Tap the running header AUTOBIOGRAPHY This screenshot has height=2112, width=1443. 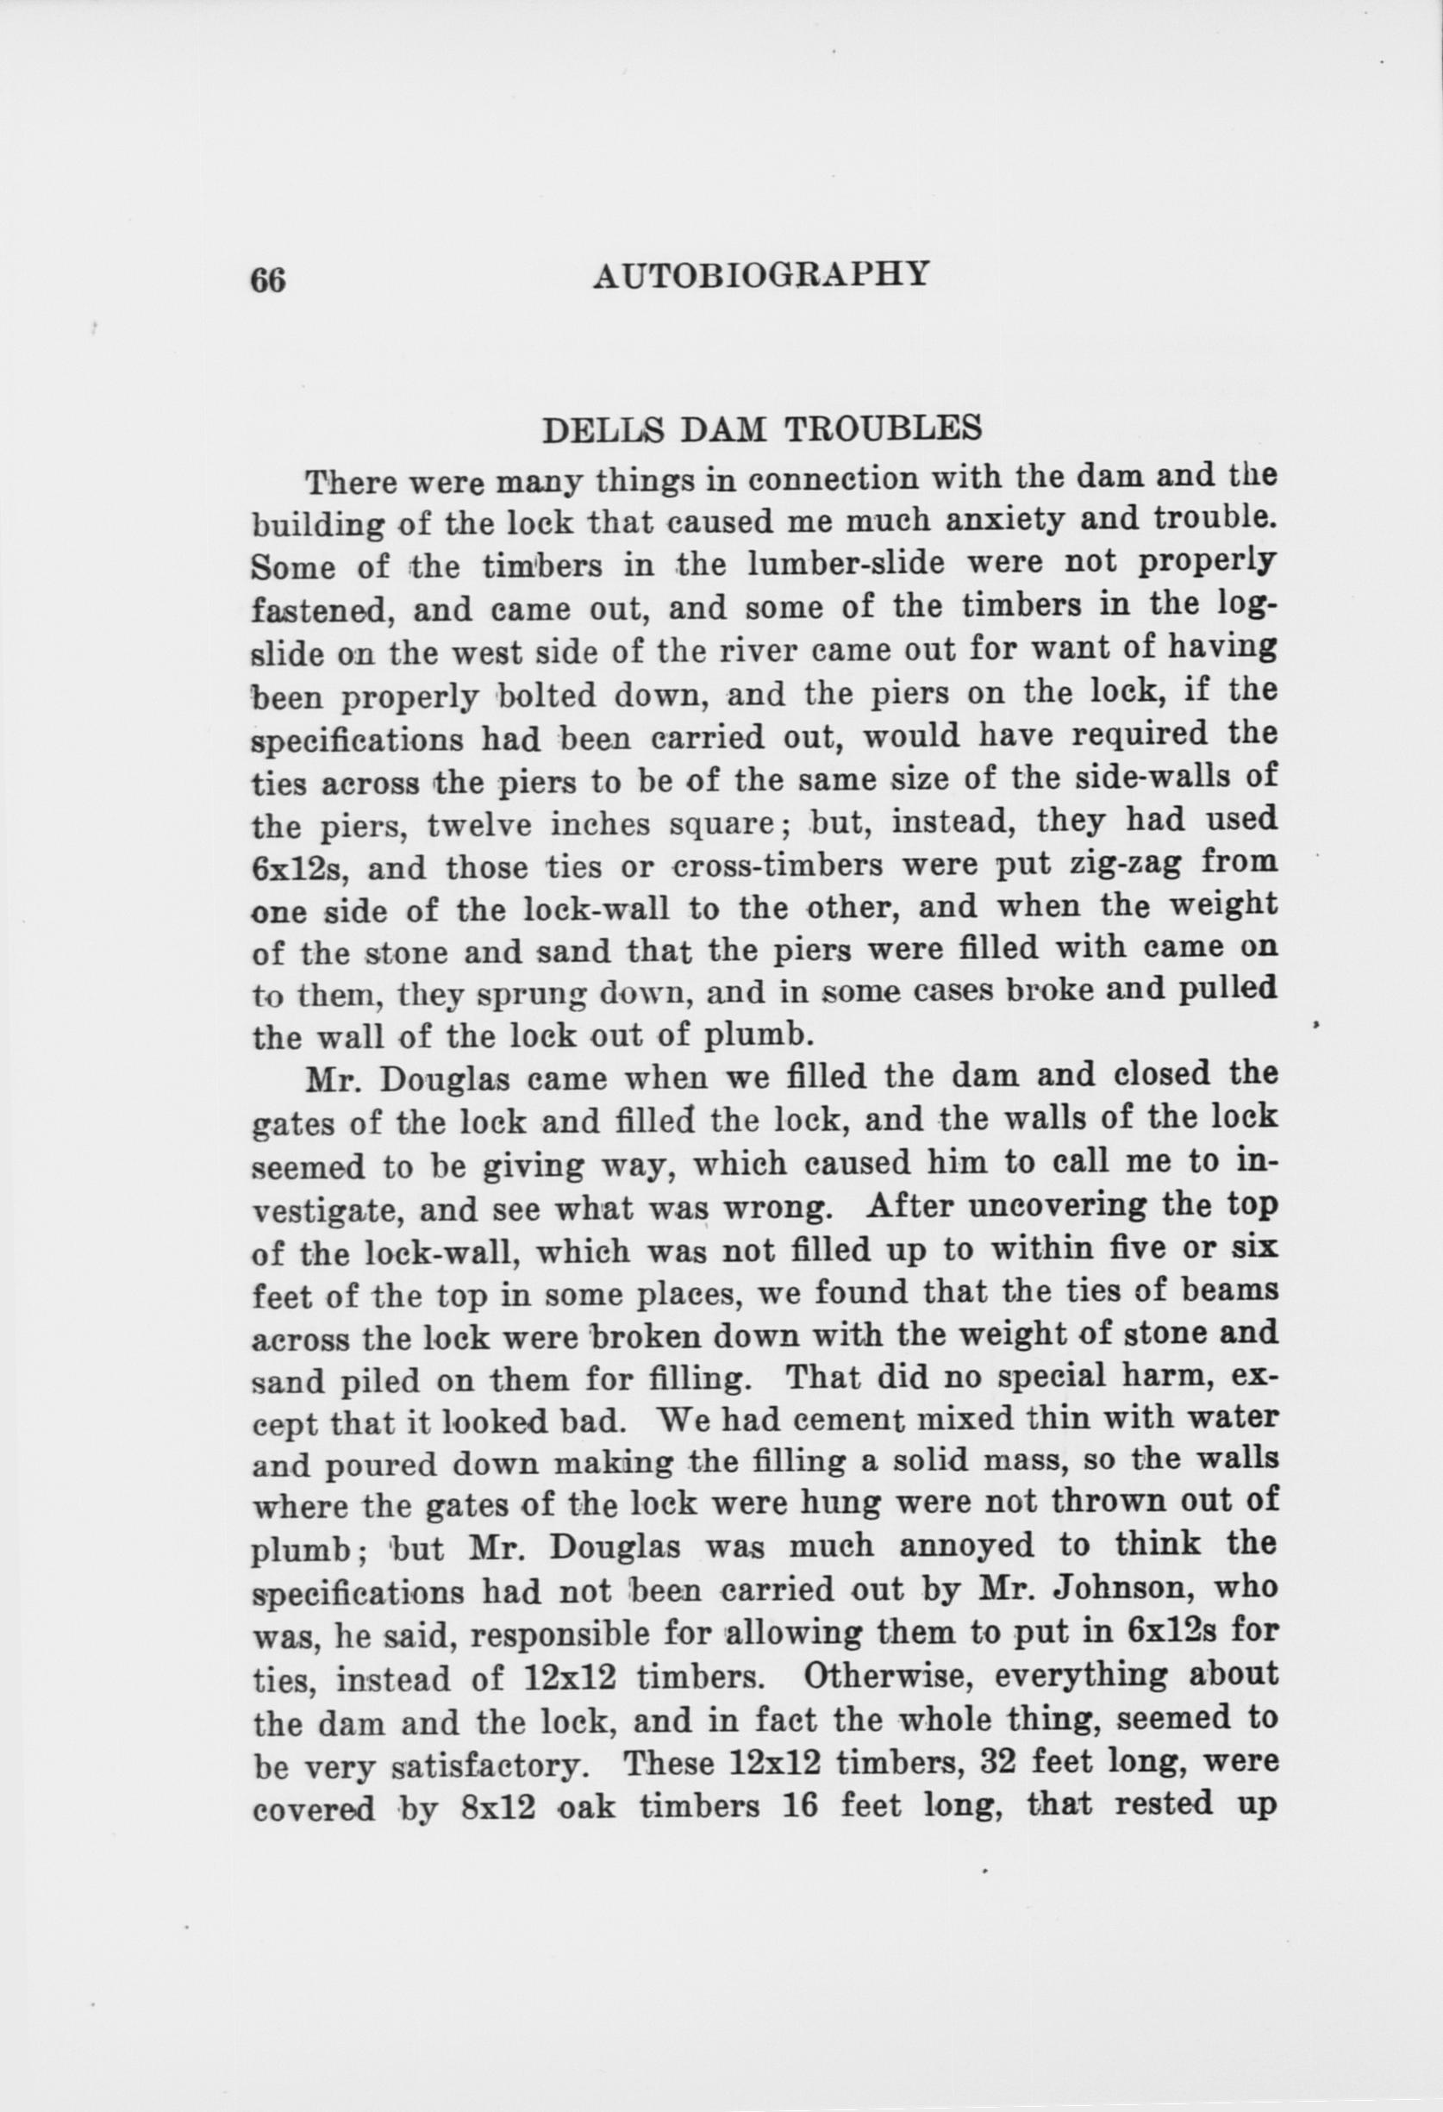(x=761, y=274)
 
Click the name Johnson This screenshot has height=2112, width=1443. (x=1121, y=1589)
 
